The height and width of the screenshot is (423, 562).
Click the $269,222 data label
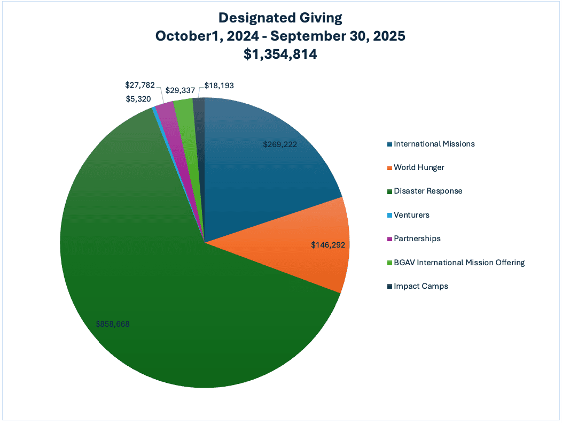pos(280,144)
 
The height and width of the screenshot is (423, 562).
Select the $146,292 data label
pos(328,245)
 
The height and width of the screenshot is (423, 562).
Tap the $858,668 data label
pos(113,324)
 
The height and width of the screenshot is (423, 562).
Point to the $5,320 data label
pos(138,99)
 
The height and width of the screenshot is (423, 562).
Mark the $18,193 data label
pos(219,85)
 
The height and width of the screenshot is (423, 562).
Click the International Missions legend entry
pos(434,144)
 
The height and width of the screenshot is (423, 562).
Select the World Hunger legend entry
pos(419,167)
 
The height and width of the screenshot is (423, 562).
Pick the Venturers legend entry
pos(411,215)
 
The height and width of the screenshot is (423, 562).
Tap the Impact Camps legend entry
pos(420,286)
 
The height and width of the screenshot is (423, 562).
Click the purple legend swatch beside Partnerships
pos(389,239)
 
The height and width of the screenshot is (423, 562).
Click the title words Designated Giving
pos(280,18)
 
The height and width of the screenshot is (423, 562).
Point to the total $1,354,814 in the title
pos(280,53)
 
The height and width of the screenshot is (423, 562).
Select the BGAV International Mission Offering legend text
pos(459,263)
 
